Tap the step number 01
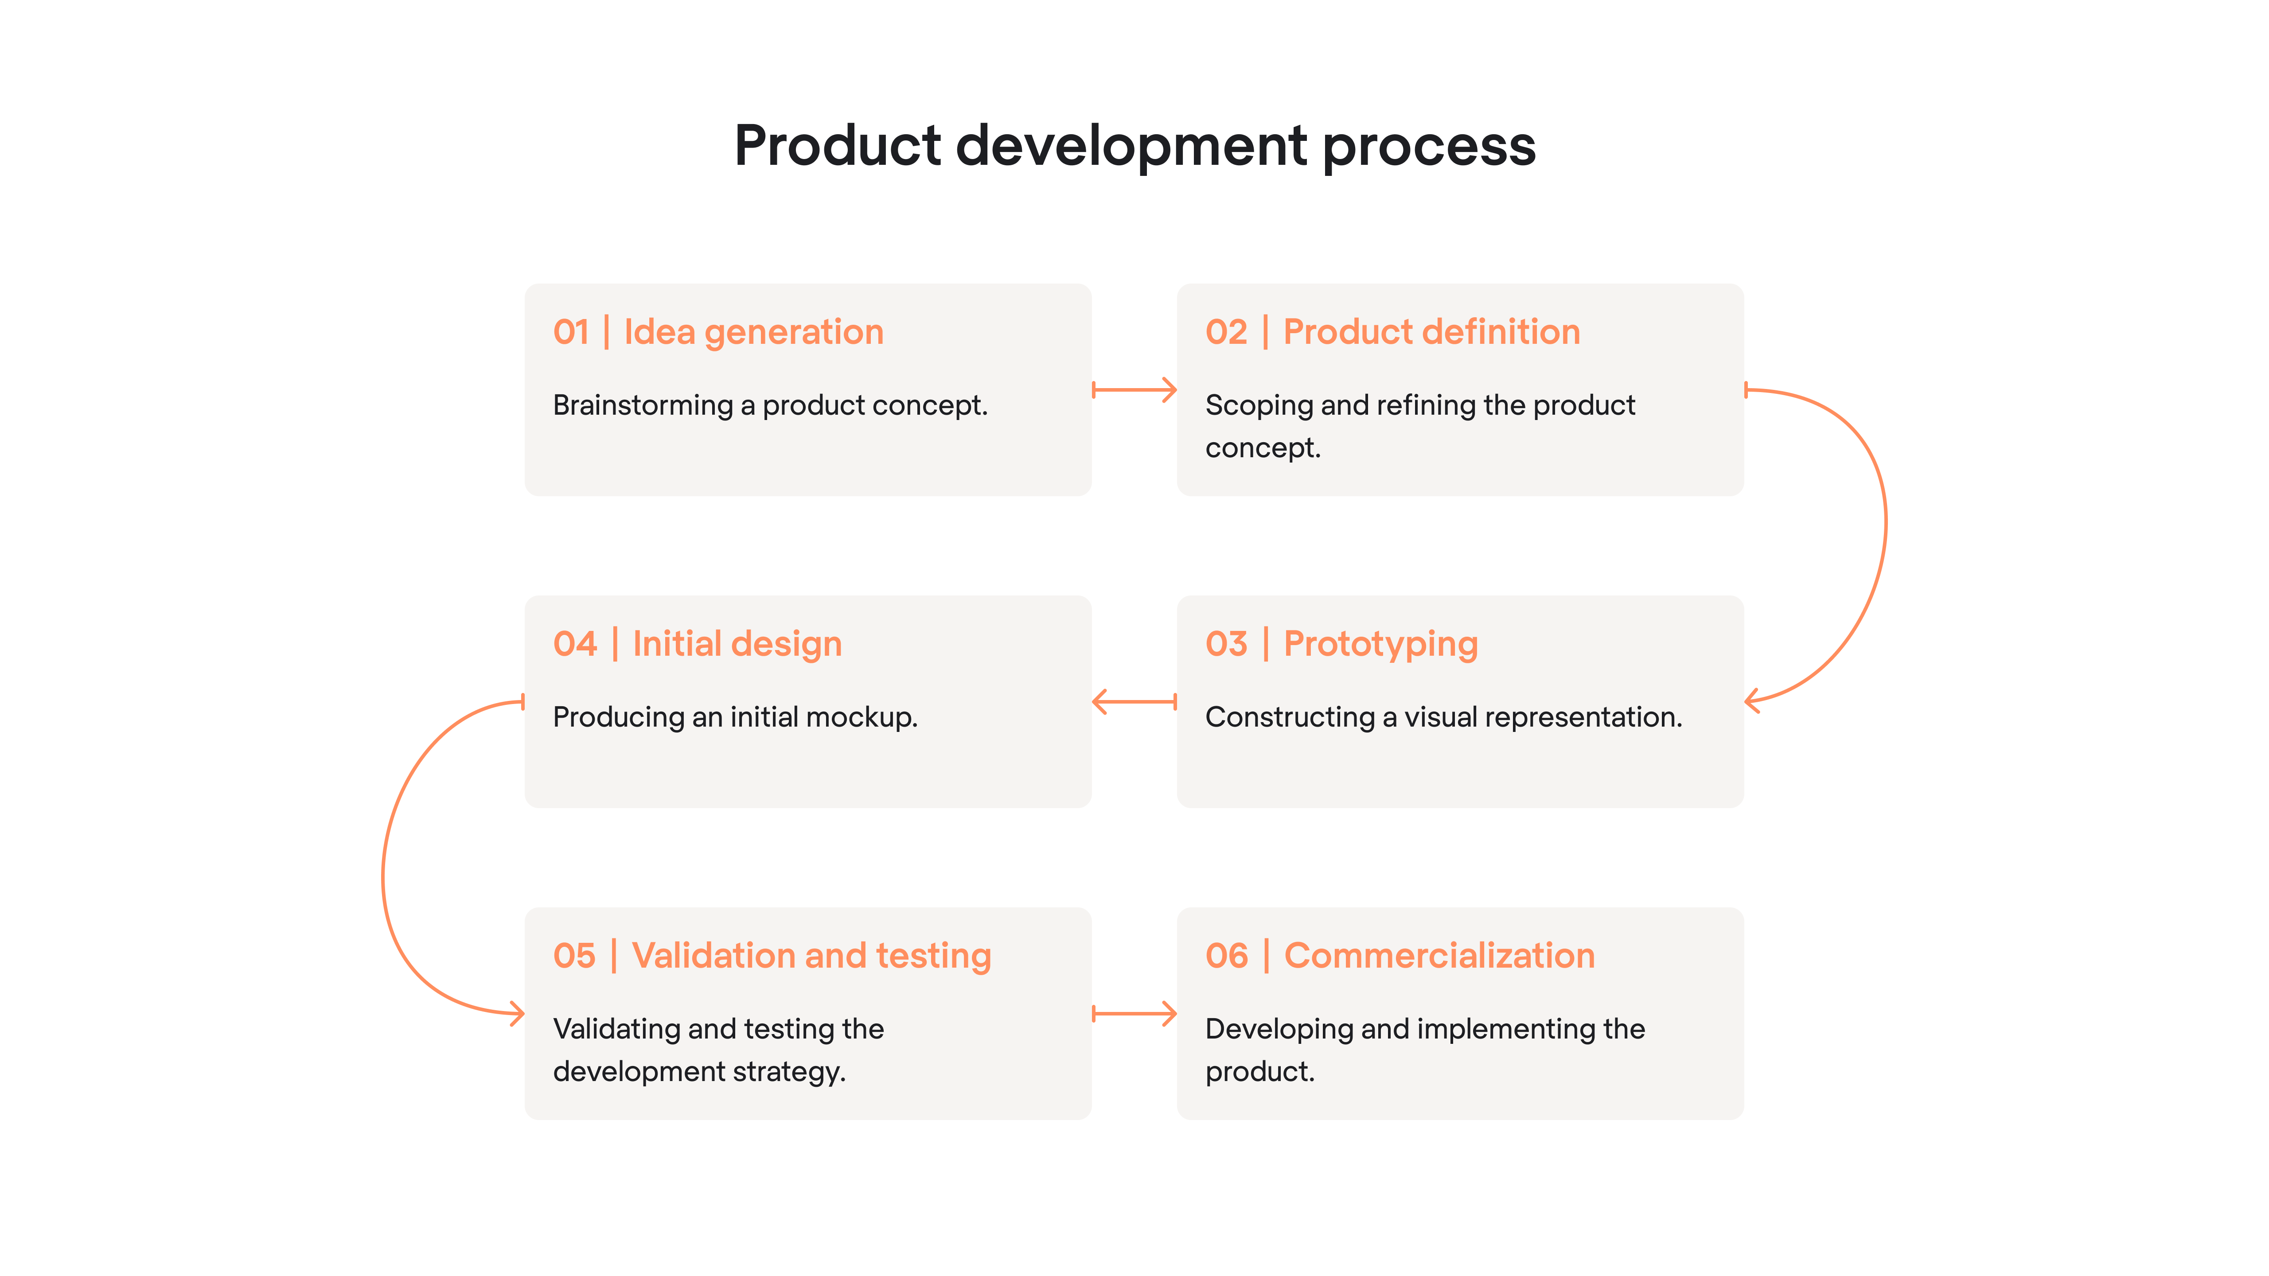click(x=571, y=332)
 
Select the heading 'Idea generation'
click(x=753, y=332)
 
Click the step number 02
click(x=1226, y=332)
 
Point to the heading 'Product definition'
click(x=1431, y=332)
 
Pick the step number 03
click(x=1226, y=644)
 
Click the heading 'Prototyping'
click(x=1380, y=644)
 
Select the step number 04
click(x=574, y=644)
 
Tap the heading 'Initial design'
click(x=737, y=644)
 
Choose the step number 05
click(x=574, y=956)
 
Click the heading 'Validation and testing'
click(x=811, y=956)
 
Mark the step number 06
click(x=1226, y=956)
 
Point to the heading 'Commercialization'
click(x=1439, y=956)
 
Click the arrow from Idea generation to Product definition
click(x=1134, y=390)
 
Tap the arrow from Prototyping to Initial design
click(x=1134, y=702)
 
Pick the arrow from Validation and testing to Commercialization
click(x=1134, y=1014)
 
